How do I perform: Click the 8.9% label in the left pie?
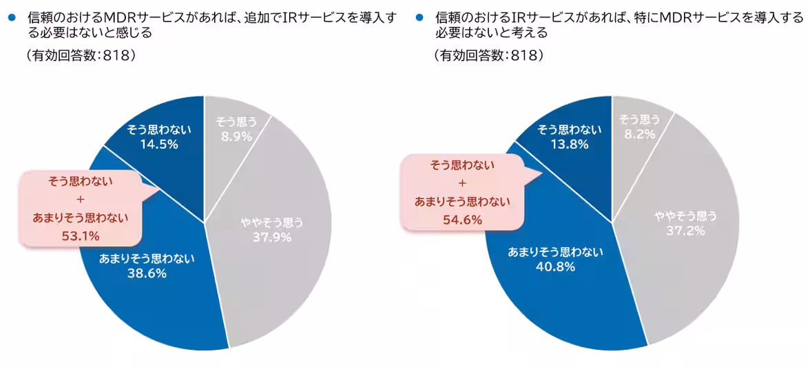point(237,136)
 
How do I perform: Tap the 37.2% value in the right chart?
point(685,231)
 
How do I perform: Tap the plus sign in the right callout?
point(462,183)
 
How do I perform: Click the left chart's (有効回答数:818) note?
point(81,56)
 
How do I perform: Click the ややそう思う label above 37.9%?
point(271,222)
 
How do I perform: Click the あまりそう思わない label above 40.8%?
point(555,252)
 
